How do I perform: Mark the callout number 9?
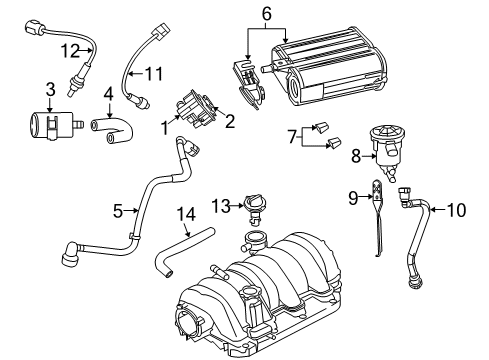point(353,198)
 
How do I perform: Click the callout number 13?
point(218,206)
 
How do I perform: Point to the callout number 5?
point(118,211)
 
